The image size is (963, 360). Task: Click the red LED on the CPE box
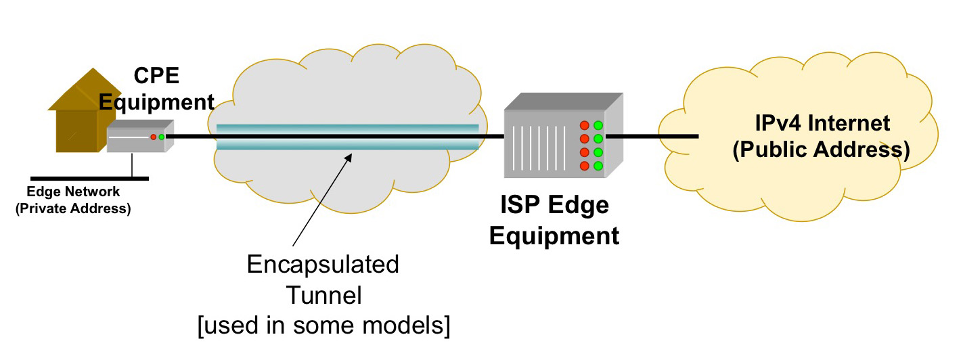(x=154, y=137)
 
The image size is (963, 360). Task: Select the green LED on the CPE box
(x=162, y=137)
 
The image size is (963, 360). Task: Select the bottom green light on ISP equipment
(x=598, y=166)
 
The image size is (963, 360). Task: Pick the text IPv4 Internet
(x=822, y=124)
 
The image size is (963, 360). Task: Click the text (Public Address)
(x=822, y=150)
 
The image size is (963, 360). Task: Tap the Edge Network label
(x=73, y=193)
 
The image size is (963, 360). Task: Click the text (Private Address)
(x=73, y=208)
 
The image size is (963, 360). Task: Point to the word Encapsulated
(x=322, y=265)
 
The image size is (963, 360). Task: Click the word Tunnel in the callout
(x=323, y=295)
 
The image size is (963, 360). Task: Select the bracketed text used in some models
(x=323, y=325)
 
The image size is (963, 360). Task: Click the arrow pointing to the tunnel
(x=322, y=199)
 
